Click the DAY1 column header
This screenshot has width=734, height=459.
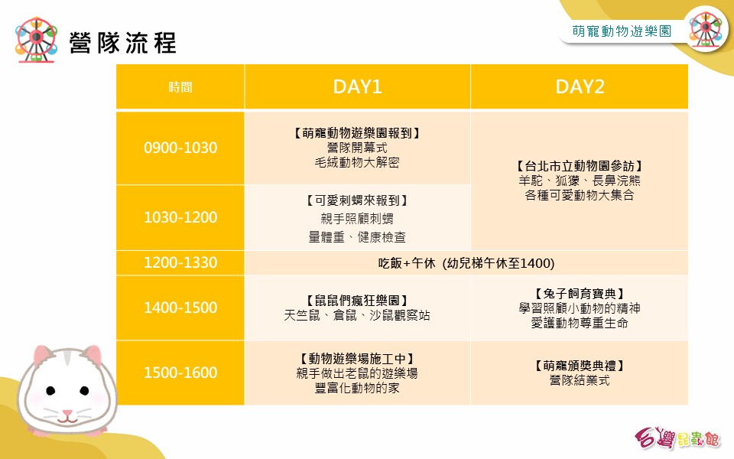[357, 86]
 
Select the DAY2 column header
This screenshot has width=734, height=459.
[580, 86]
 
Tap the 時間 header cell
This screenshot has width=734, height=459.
[180, 87]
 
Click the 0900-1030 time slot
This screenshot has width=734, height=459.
[180, 148]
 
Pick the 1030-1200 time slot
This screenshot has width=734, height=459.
[180, 216]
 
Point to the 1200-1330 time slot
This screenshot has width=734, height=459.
[180, 262]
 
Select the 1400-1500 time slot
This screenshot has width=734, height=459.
[180, 308]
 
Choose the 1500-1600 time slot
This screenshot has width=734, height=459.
[180, 373]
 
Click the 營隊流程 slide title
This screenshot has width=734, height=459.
[122, 43]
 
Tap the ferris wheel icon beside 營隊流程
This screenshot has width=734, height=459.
[36, 39]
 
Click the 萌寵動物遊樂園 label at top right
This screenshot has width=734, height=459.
[622, 31]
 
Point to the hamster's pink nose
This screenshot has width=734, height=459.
[68, 413]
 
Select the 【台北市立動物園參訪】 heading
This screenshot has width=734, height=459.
[580, 166]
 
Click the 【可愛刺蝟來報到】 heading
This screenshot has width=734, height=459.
[357, 200]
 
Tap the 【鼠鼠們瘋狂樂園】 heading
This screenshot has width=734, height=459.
[357, 300]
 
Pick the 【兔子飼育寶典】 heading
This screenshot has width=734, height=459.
[580, 294]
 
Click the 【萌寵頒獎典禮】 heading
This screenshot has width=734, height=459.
[580, 366]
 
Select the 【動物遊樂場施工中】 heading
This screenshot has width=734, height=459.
[357, 359]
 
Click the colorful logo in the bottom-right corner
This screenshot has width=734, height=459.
[678, 438]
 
